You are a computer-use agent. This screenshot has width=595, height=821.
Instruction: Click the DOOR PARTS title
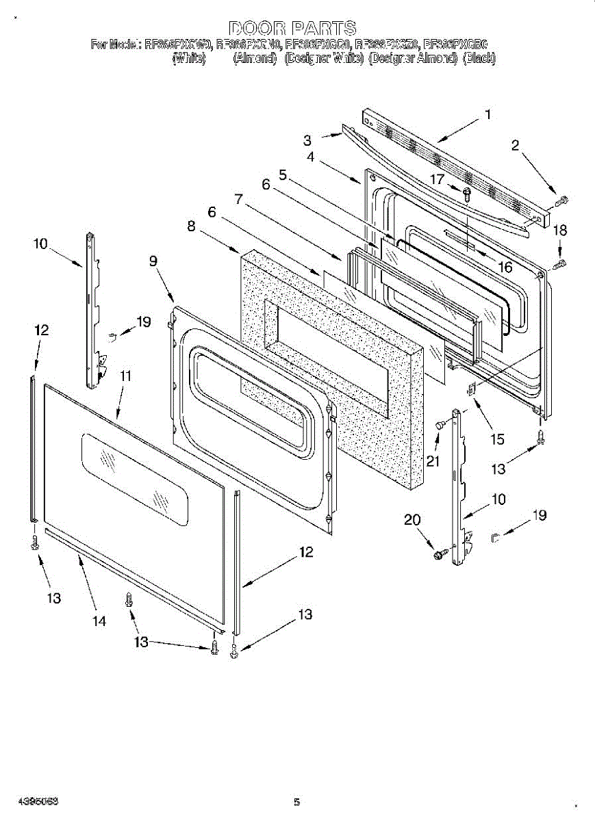coord(292,28)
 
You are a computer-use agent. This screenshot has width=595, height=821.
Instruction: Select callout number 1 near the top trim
coord(488,115)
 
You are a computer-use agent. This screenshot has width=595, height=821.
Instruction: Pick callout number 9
coord(153,261)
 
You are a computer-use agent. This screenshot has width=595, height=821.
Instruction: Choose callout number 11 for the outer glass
coord(126,376)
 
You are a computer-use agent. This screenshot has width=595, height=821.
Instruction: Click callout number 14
coord(99,621)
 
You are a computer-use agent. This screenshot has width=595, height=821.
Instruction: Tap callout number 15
coord(498,440)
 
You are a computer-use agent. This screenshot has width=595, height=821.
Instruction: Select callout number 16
coord(505,267)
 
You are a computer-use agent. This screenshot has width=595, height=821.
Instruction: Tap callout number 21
coord(433,462)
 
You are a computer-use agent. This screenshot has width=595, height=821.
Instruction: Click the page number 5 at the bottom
coord(296,802)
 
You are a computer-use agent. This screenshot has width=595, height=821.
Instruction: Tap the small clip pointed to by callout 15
coord(472,389)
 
